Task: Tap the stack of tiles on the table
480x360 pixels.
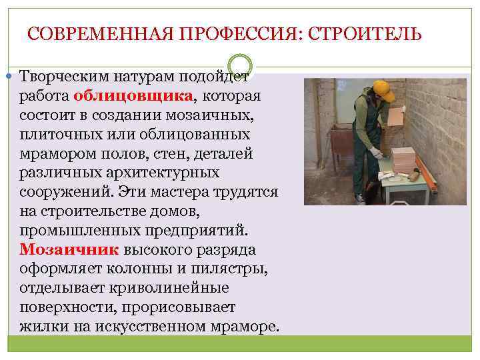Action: [x=403, y=160]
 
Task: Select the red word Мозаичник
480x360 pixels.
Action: [x=69, y=250]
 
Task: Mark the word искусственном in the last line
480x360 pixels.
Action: [x=156, y=327]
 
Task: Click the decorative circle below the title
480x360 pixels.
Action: [x=241, y=64]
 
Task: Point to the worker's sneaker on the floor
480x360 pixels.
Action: [x=361, y=199]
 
